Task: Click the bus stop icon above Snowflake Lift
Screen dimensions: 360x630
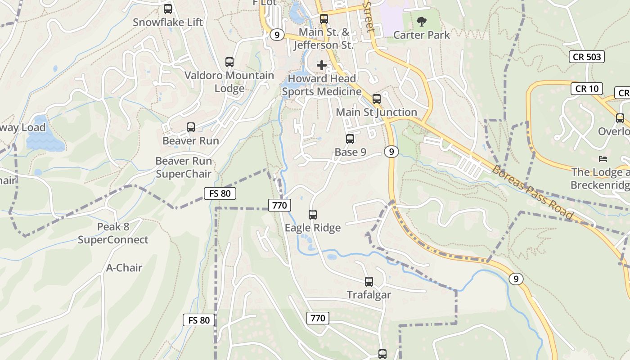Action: click(168, 9)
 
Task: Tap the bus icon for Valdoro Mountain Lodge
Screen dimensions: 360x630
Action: click(229, 62)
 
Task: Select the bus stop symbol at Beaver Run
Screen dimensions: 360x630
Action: click(191, 127)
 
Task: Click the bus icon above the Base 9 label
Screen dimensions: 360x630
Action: click(350, 139)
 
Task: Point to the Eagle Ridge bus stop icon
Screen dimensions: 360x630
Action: click(313, 215)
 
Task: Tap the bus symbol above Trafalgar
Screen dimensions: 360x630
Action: click(369, 282)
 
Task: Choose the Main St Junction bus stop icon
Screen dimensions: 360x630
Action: click(377, 99)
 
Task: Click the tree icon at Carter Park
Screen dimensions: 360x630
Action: click(422, 21)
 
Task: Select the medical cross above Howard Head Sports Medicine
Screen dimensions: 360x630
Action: click(322, 65)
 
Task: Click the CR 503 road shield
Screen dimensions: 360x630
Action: click(587, 57)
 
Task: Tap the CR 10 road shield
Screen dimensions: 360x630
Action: click(587, 89)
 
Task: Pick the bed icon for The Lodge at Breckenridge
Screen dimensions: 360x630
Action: click(603, 159)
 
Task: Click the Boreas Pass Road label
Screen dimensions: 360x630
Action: click(532, 192)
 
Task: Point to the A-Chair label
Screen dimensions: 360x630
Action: click(124, 268)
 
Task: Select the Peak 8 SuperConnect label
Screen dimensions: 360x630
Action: click(113, 233)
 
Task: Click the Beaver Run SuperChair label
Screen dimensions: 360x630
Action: click(183, 167)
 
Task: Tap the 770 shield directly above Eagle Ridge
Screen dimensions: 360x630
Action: click(279, 206)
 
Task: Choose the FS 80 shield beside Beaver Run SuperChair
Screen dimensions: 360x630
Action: click(220, 194)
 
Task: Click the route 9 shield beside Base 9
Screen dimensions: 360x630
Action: click(391, 152)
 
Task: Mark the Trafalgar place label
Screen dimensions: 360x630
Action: click(369, 295)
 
